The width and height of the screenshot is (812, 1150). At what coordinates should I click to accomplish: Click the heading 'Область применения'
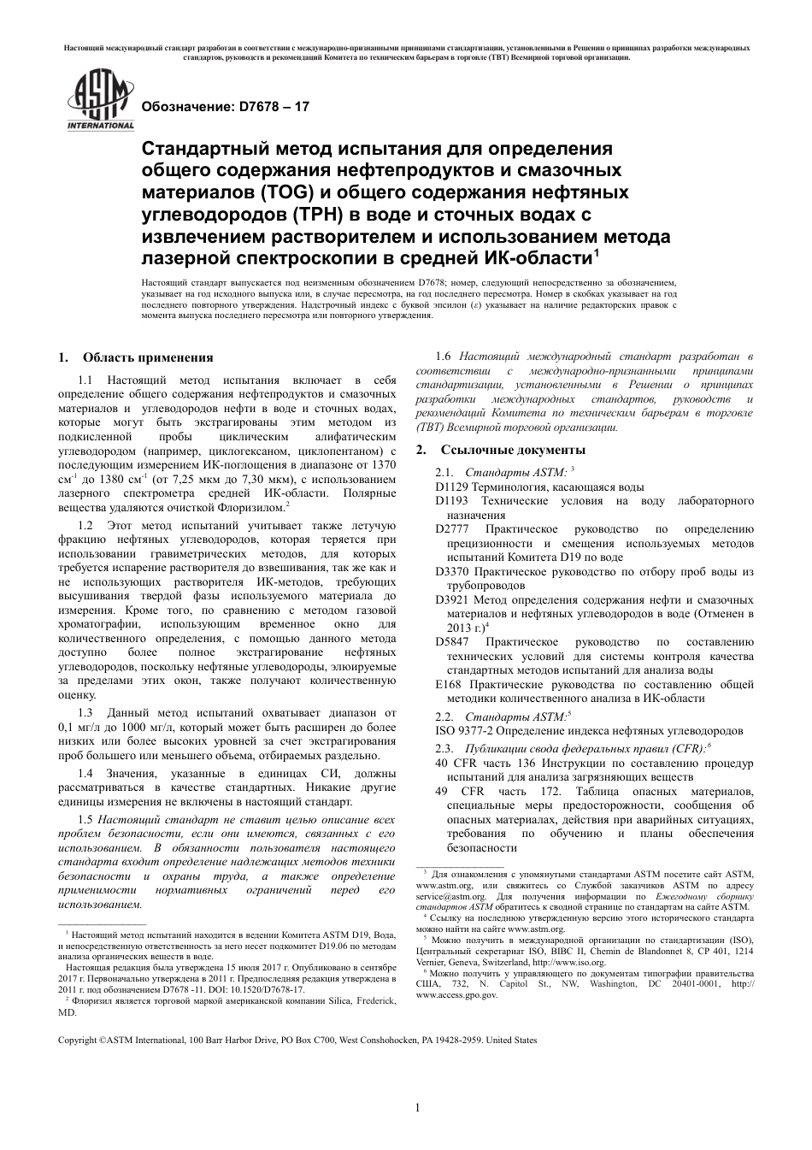pyautogui.click(x=147, y=357)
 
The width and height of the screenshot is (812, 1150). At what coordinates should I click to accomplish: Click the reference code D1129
pyautogui.click(x=451, y=486)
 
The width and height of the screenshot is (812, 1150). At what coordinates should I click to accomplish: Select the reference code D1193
pyautogui.click(x=451, y=500)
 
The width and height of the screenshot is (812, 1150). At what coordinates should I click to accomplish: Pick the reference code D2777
pyautogui.click(x=451, y=529)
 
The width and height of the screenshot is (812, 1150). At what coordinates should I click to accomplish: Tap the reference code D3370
pyautogui.click(x=451, y=570)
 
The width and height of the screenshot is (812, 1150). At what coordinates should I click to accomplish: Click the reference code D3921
pyautogui.click(x=451, y=599)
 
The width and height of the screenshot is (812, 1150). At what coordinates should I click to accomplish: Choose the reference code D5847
pyautogui.click(x=451, y=641)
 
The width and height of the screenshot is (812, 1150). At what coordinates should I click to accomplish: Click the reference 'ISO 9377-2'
pyautogui.click(x=466, y=730)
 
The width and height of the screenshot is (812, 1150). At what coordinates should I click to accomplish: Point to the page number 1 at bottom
pyautogui.click(x=417, y=1108)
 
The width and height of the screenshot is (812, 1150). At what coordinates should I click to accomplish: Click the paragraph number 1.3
pyautogui.click(x=85, y=711)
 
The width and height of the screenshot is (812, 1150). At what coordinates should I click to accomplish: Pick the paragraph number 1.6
pyautogui.click(x=444, y=356)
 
